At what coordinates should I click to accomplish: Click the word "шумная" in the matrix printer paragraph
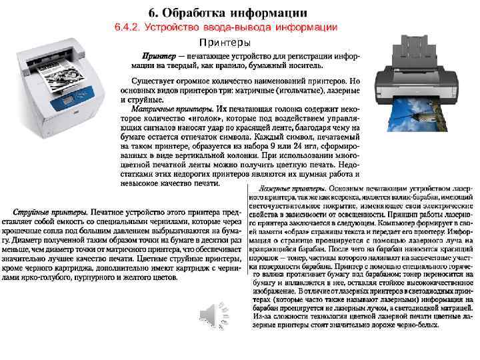[x=291, y=171]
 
